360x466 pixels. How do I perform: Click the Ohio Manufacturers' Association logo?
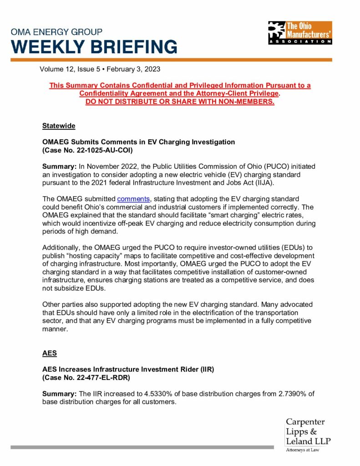300,33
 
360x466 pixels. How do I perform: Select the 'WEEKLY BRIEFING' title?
94,47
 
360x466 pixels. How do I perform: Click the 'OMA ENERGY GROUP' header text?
57,32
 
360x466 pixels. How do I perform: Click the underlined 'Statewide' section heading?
59,126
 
